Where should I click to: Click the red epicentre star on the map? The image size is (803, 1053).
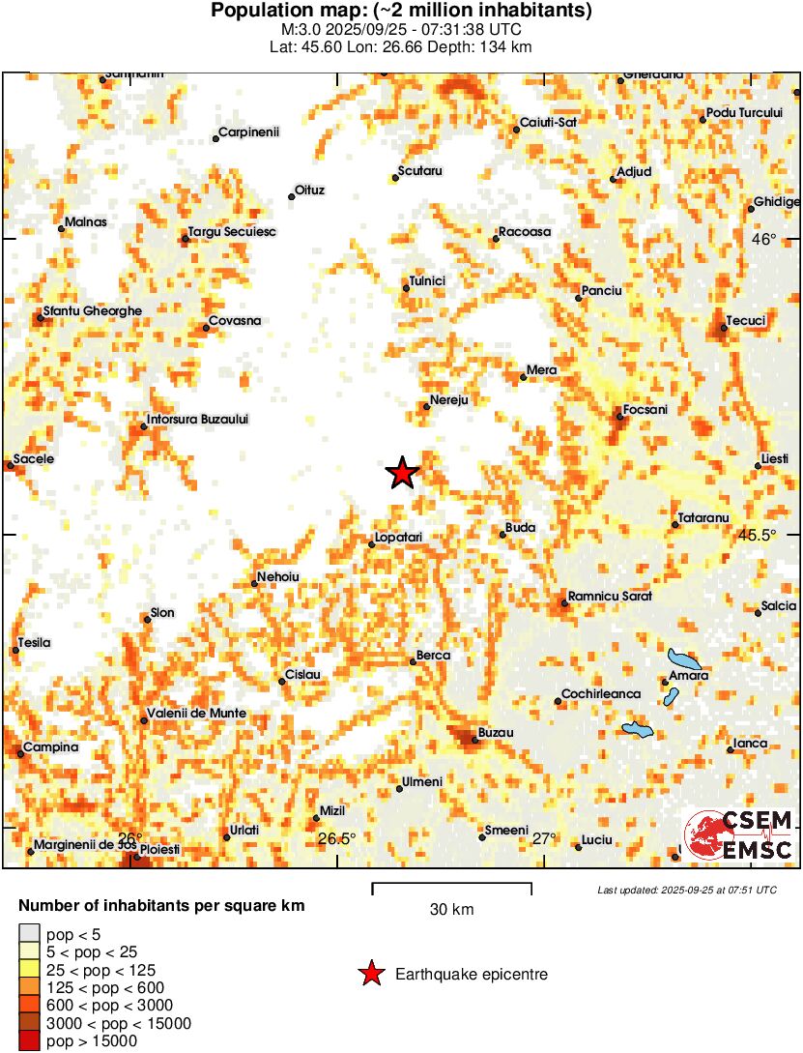click(x=402, y=473)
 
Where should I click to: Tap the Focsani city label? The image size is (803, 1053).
click(x=646, y=410)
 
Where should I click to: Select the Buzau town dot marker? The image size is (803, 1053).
click(x=474, y=741)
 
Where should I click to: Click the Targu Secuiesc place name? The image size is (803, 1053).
click(x=231, y=232)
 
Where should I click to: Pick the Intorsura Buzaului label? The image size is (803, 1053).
click(x=197, y=419)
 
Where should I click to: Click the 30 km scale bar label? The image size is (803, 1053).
click(x=451, y=910)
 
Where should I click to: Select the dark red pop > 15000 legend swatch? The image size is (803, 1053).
click(x=30, y=1041)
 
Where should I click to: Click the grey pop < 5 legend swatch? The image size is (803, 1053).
click(x=30, y=934)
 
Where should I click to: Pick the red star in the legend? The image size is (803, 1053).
click(x=370, y=975)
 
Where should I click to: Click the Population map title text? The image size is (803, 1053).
click(x=401, y=11)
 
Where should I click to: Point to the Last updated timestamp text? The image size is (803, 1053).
click(x=686, y=890)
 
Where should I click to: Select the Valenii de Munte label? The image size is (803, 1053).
click(x=195, y=714)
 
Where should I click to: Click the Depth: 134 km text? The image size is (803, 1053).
click(x=476, y=46)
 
